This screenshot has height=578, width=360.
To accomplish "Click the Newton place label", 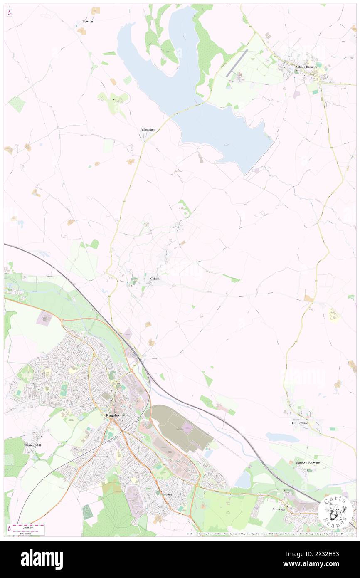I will tap(88, 21).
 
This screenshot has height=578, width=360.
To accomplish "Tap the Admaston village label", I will tap(148, 130).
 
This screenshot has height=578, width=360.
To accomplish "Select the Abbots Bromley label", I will tap(306, 67).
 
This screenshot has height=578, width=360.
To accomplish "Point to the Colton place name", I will tap(155, 279).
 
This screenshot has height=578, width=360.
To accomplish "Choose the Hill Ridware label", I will tap(299, 423).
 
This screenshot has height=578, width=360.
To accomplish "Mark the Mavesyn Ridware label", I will tap(308, 462).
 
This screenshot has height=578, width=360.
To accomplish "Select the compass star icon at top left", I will tap(9, 13).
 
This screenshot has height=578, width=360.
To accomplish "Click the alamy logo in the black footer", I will tap(42, 559).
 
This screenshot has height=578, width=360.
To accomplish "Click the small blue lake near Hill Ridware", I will tap(282, 437).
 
